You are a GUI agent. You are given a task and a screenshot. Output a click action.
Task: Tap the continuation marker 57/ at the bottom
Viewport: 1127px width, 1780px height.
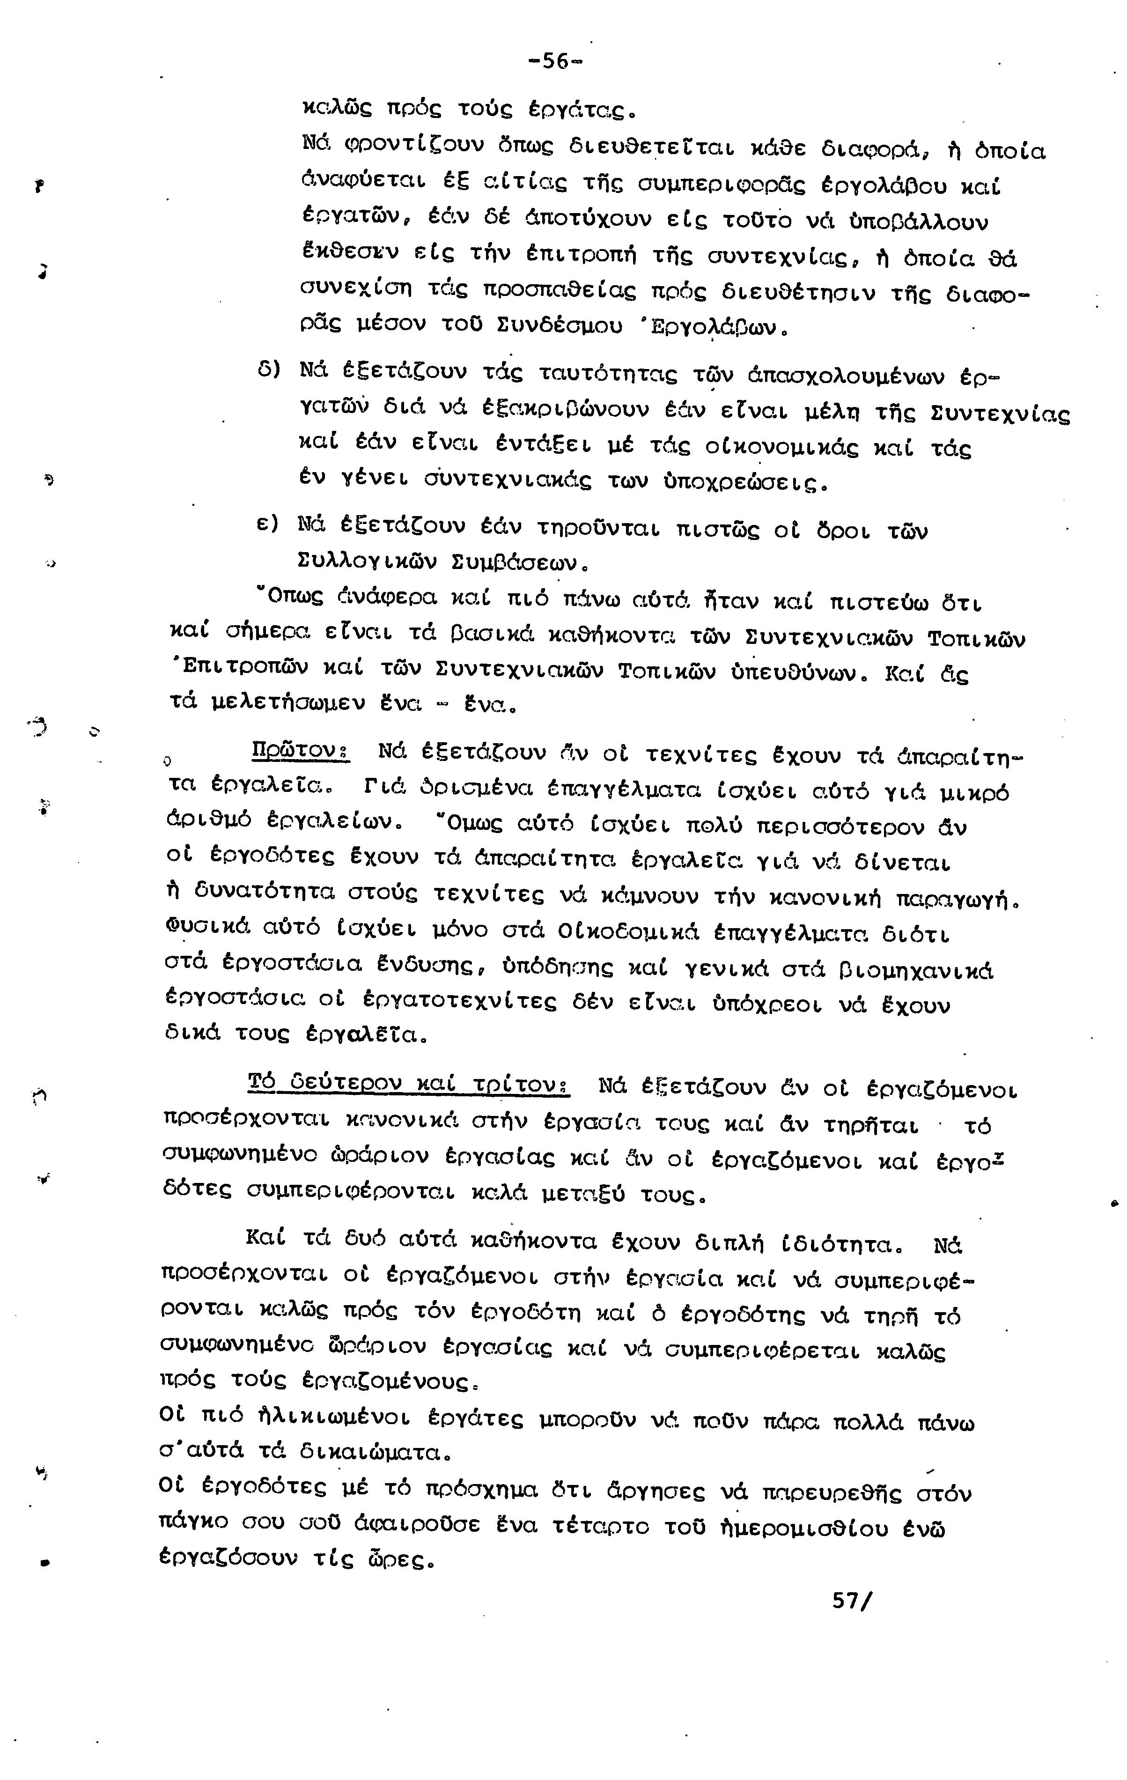coord(852,1600)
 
